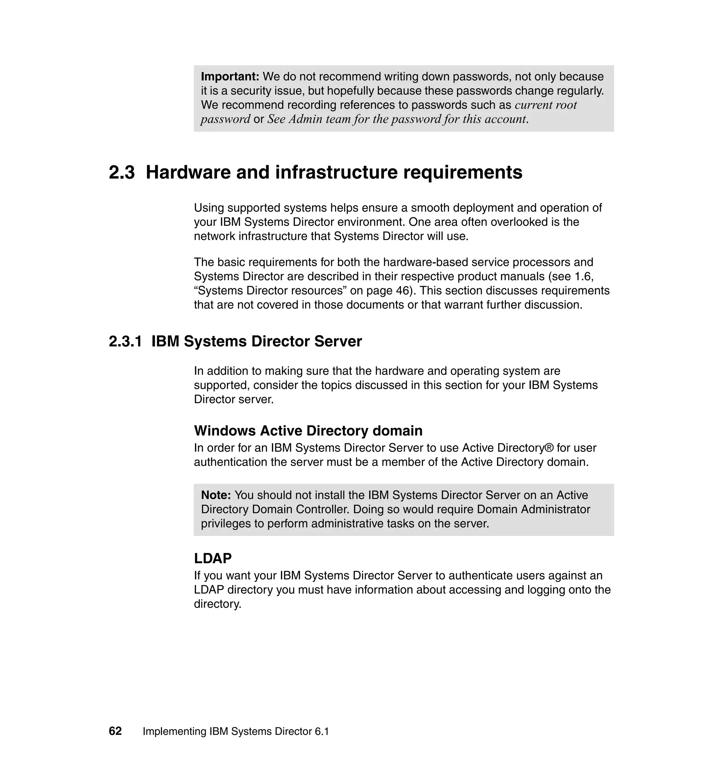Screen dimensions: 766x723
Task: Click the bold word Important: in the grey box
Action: (x=230, y=77)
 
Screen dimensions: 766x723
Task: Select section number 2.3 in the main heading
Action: (x=122, y=172)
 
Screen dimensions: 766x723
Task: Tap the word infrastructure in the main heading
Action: (x=336, y=172)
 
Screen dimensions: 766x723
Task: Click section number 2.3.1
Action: (x=125, y=342)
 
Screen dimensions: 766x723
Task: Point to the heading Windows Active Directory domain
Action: (x=308, y=430)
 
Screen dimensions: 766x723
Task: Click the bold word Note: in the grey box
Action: (x=216, y=495)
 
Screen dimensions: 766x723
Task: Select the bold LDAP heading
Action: (x=213, y=558)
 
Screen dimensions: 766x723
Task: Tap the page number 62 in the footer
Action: (x=115, y=731)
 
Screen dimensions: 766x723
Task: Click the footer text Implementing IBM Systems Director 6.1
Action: (x=236, y=732)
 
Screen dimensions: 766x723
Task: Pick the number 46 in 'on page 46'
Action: (x=403, y=290)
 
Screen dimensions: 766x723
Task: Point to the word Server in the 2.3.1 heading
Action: (x=338, y=342)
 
